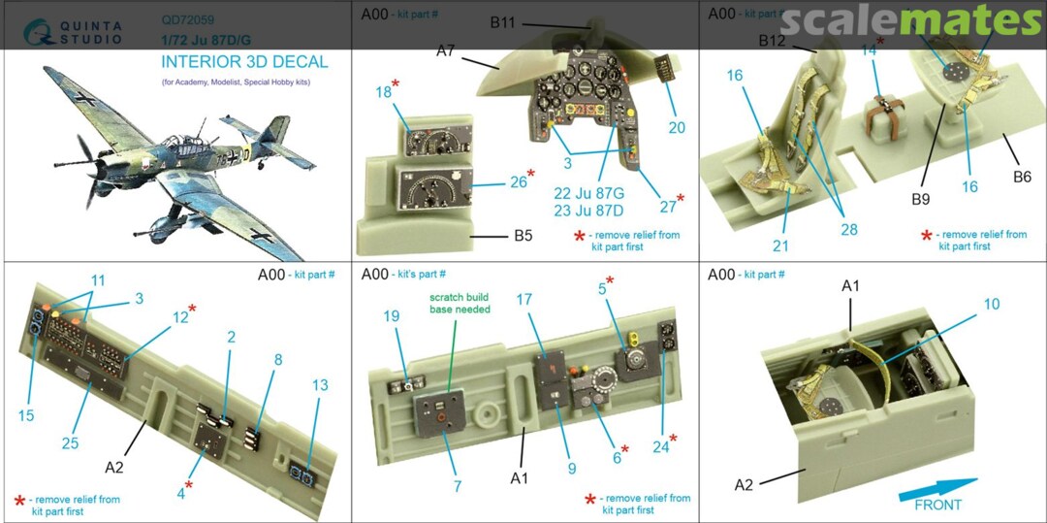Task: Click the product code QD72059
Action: click(186, 17)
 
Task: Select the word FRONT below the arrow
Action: click(938, 505)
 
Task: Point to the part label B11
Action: click(502, 23)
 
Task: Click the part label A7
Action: click(446, 50)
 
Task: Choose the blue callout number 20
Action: click(677, 127)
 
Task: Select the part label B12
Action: click(772, 41)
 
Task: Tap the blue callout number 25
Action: click(70, 443)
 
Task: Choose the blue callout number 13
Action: click(320, 385)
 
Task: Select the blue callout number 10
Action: click(991, 305)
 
